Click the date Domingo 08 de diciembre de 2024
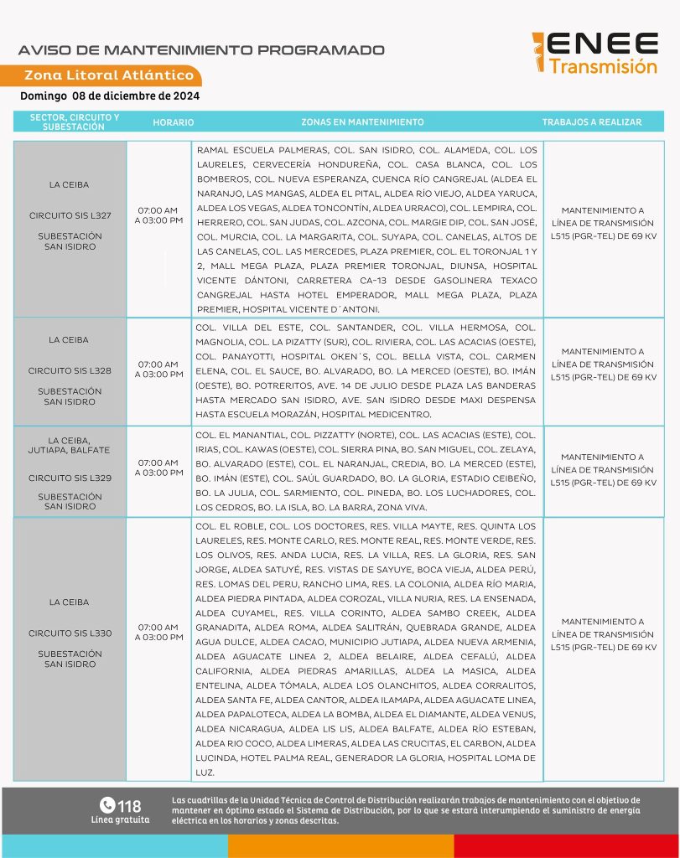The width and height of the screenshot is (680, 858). pyautogui.click(x=110, y=96)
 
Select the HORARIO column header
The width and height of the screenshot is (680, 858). pyautogui.click(x=174, y=122)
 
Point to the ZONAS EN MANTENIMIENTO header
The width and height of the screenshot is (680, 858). pyautogui.click(x=362, y=122)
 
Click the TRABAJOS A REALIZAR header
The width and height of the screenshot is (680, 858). pyautogui.click(x=591, y=122)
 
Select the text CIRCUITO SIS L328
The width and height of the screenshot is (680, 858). pyautogui.click(x=70, y=370)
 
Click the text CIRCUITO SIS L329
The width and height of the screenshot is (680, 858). pyautogui.click(x=70, y=478)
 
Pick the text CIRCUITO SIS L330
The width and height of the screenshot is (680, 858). pyautogui.click(x=70, y=633)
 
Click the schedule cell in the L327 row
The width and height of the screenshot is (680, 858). pyautogui.click(x=158, y=214)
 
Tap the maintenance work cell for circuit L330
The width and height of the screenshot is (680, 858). pyautogui.click(x=603, y=634)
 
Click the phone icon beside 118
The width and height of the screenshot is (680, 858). pyautogui.click(x=106, y=805)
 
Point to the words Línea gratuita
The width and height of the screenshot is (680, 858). pyautogui.click(x=120, y=819)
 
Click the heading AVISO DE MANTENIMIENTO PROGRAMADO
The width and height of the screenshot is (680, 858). pyautogui.click(x=201, y=50)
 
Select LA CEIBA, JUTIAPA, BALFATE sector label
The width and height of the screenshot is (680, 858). pyautogui.click(x=70, y=445)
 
